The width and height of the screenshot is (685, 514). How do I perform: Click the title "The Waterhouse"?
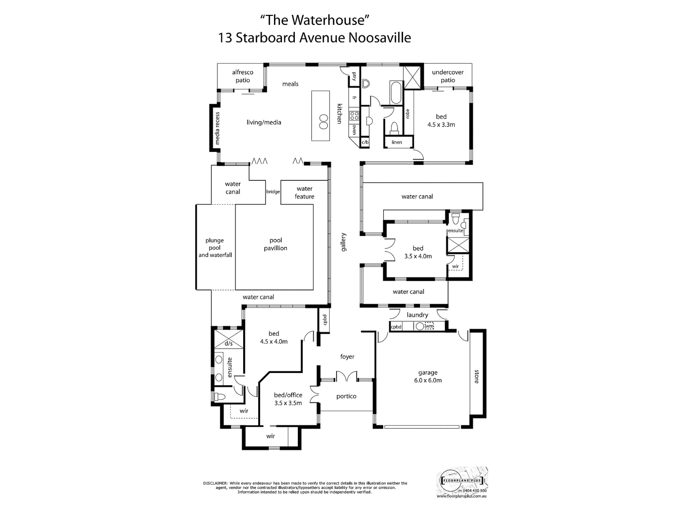[x=315, y=20]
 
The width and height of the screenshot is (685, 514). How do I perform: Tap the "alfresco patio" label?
[x=243, y=76]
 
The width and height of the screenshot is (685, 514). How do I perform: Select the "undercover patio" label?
[x=448, y=76]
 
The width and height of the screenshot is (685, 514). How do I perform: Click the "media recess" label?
[x=217, y=128]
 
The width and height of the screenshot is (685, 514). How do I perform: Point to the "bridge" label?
[x=273, y=192]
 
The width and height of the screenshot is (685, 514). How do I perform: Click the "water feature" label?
[x=304, y=193]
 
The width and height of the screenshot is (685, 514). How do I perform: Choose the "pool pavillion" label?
[x=275, y=244]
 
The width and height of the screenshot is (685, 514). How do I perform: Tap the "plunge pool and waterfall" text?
[x=215, y=248]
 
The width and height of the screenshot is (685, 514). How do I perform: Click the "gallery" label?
[x=343, y=242]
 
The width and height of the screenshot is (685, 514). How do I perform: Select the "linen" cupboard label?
[x=397, y=143]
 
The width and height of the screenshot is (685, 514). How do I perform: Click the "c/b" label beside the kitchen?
[x=365, y=143]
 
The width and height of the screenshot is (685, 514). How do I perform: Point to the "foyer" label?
[x=347, y=357]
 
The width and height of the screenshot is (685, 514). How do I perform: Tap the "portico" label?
[x=346, y=396]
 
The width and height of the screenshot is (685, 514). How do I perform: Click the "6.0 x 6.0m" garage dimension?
[x=428, y=380]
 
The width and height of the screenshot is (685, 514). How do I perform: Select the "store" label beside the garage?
[x=477, y=376]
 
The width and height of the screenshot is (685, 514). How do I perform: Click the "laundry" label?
[x=417, y=315]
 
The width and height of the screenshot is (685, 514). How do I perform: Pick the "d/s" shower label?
[x=228, y=343]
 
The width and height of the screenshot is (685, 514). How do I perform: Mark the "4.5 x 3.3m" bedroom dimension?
[x=441, y=125]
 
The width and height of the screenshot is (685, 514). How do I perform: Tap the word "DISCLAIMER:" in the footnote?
[x=215, y=483]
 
